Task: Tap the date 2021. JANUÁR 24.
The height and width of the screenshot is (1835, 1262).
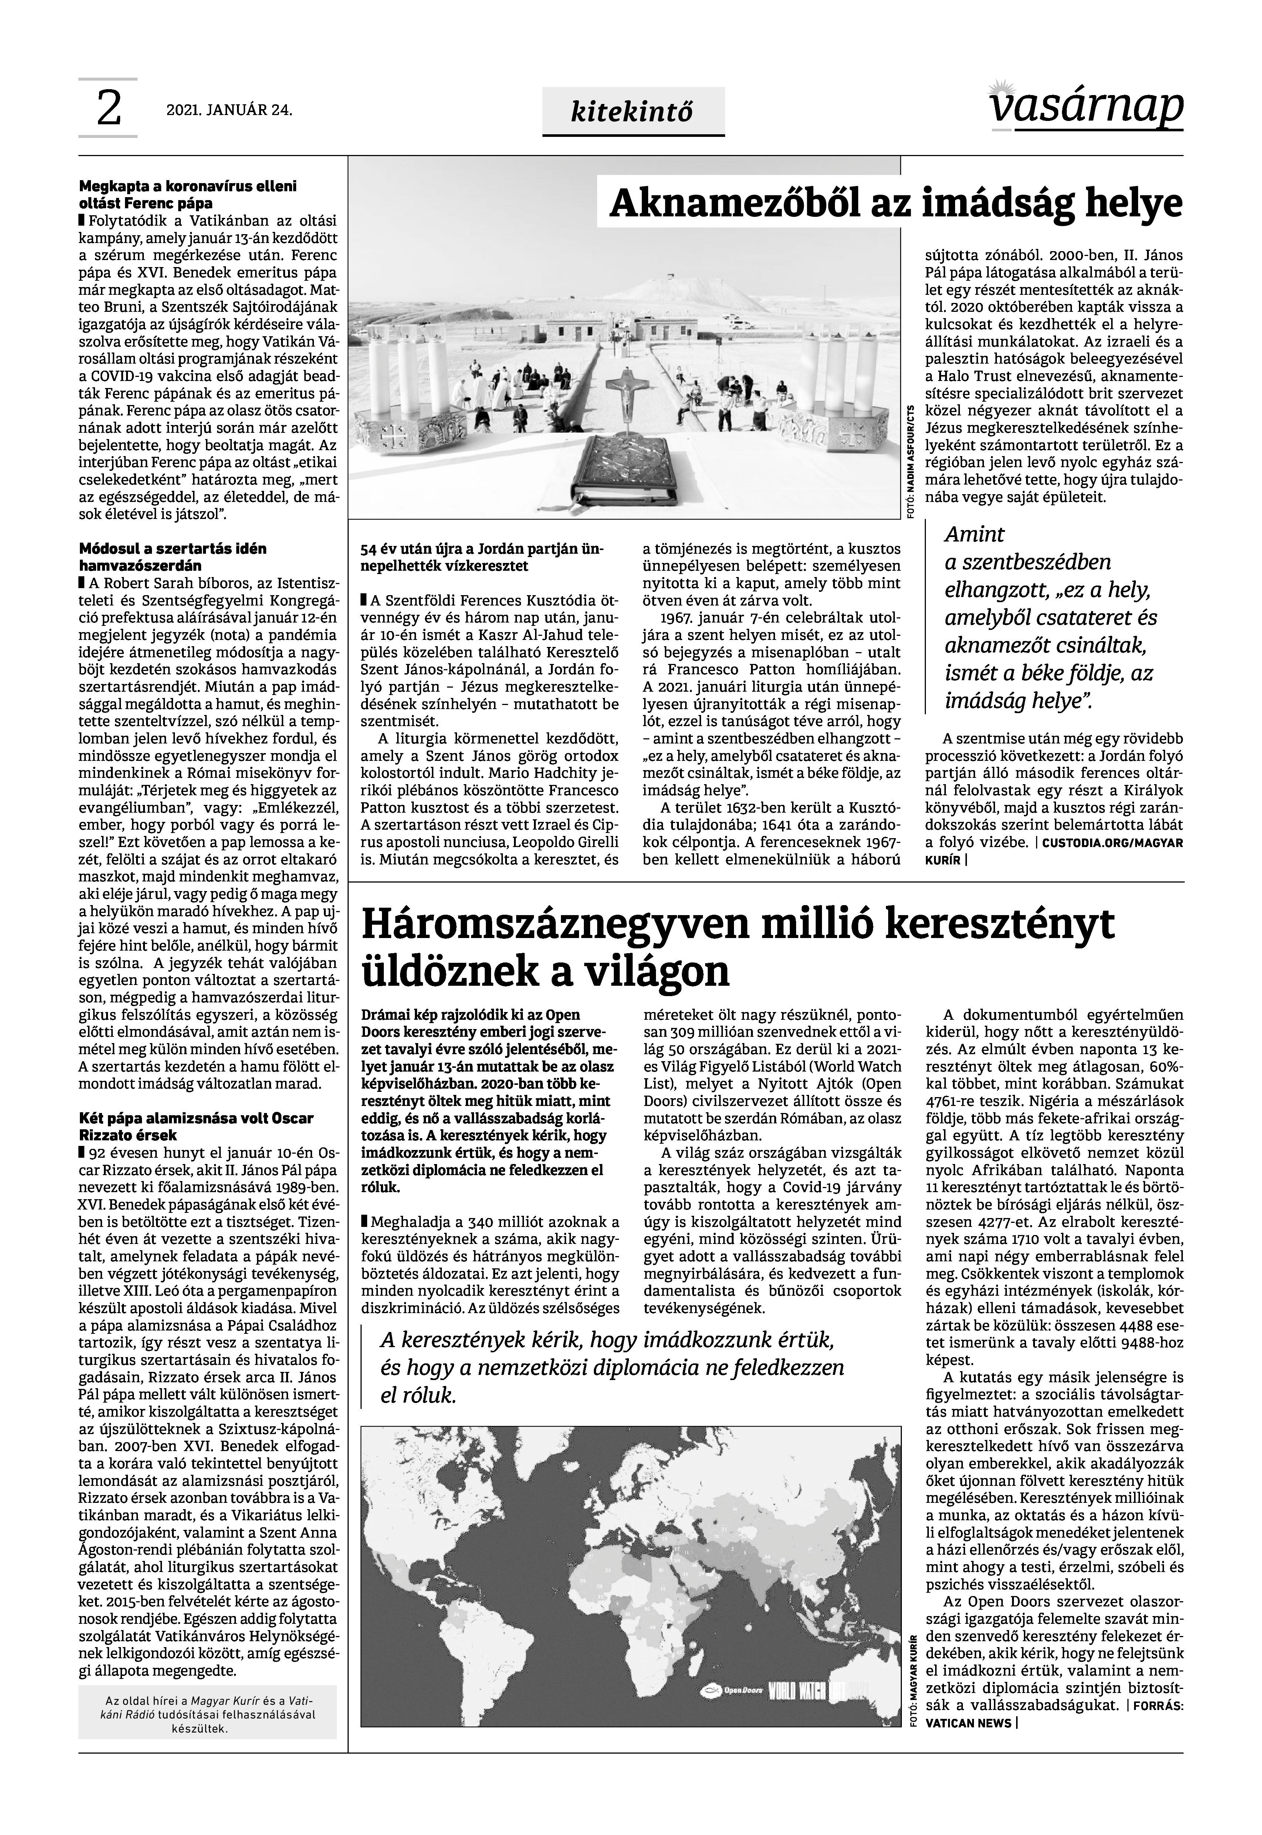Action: pyautogui.click(x=229, y=111)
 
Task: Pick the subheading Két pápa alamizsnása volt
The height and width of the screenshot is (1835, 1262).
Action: pyautogui.click(x=196, y=1126)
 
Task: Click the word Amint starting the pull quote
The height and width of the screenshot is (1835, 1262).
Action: pyautogui.click(x=974, y=535)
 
